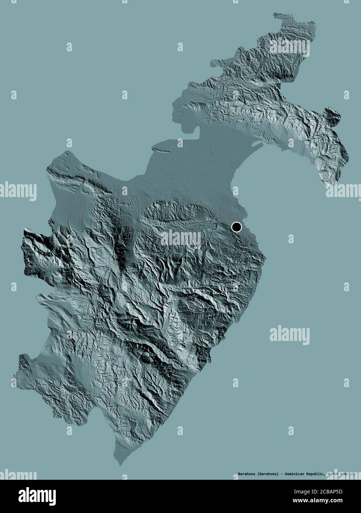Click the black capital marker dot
point(236,227)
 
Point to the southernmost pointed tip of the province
point(119,465)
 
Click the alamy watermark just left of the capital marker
point(181,239)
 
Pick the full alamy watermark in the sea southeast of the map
point(290,335)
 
